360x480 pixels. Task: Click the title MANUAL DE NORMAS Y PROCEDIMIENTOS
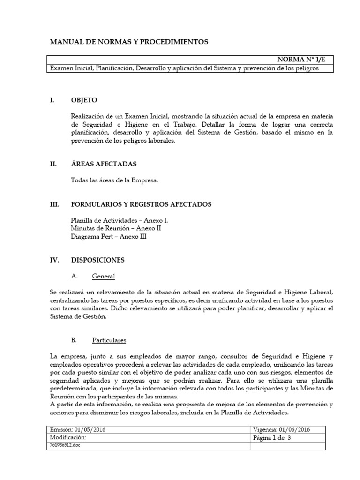pyautogui.click(x=129, y=42)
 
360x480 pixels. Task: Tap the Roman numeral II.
pyautogui.click(x=53, y=164)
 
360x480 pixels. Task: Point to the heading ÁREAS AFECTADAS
pyautogui.click(x=104, y=164)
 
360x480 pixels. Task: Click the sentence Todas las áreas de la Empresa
pyautogui.click(x=114, y=180)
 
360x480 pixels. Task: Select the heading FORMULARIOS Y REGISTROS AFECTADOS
pyautogui.click(x=141, y=204)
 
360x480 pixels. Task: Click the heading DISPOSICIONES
pyautogui.click(x=97, y=260)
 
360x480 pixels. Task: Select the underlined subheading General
pyautogui.click(x=103, y=277)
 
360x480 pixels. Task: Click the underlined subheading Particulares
pyautogui.click(x=109, y=340)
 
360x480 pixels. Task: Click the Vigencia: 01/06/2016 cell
pyautogui.click(x=288, y=429)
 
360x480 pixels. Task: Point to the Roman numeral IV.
pyautogui.click(x=54, y=260)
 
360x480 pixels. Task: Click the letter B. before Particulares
pyautogui.click(x=74, y=340)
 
